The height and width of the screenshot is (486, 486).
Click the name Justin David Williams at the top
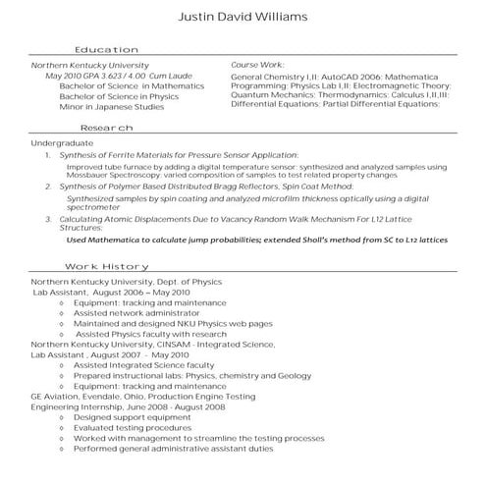[243, 17]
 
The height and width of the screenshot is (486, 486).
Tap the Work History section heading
[106, 267]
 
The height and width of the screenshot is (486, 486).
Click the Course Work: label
[257, 65]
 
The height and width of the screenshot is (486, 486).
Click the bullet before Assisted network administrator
[62, 313]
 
